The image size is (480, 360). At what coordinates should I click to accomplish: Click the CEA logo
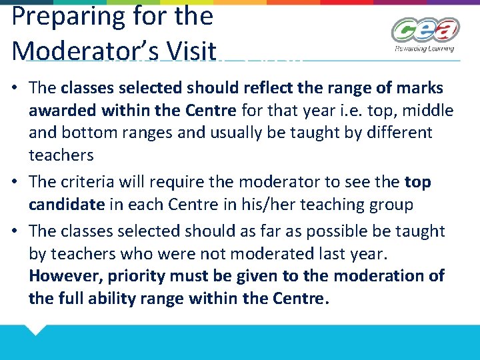(x=425, y=31)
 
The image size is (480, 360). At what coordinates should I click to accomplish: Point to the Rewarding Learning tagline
(x=425, y=49)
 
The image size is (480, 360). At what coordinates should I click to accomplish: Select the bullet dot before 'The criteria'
(x=16, y=182)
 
